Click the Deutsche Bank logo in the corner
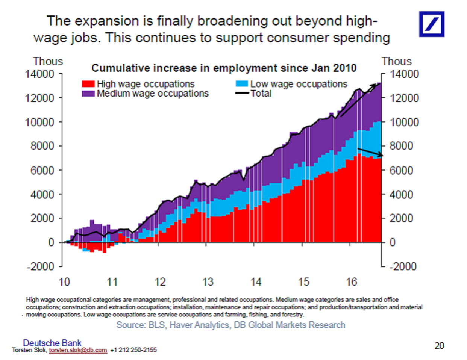click(x=432, y=24)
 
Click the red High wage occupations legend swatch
click(x=88, y=84)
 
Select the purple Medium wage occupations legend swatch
click(x=88, y=94)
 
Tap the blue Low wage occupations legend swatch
click(x=242, y=84)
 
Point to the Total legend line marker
click(x=242, y=94)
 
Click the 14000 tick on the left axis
click(x=39, y=74)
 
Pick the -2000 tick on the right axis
click(x=403, y=266)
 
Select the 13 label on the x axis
click(x=208, y=282)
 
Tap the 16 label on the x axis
click(x=351, y=282)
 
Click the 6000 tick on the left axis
click(x=42, y=170)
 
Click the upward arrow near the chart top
click(x=359, y=100)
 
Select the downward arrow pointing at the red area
click(x=370, y=152)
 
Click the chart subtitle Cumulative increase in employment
click(x=224, y=68)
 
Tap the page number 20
click(x=439, y=345)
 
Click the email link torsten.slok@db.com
click(x=78, y=350)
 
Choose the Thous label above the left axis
click(x=48, y=61)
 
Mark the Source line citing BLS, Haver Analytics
click(x=230, y=325)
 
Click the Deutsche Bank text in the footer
click(x=52, y=343)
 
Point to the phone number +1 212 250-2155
click(x=133, y=350)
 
